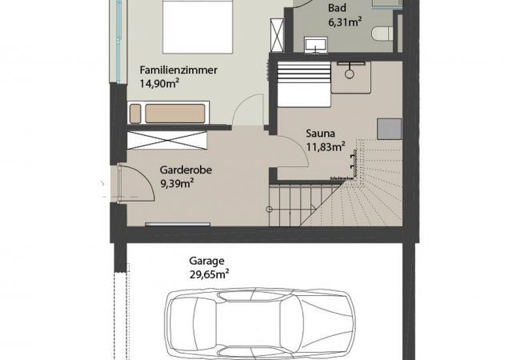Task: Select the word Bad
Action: pyautogui.click(x=337, y=9)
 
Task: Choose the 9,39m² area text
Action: pyautogui.click(x=178, y=183)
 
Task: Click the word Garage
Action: pyautogui.click(x=206, y=260)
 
